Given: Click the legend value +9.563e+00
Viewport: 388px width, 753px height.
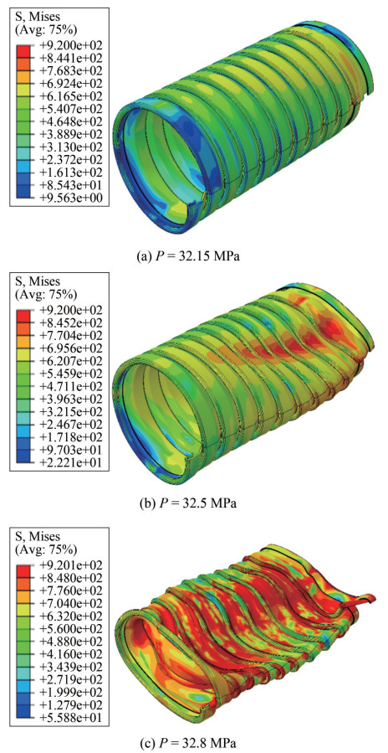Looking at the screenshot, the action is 69,197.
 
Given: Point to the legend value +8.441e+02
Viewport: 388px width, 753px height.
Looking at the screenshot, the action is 69,58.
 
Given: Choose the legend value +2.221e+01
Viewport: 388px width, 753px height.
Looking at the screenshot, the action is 69,462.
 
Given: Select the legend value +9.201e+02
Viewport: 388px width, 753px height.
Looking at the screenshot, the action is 69,565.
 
